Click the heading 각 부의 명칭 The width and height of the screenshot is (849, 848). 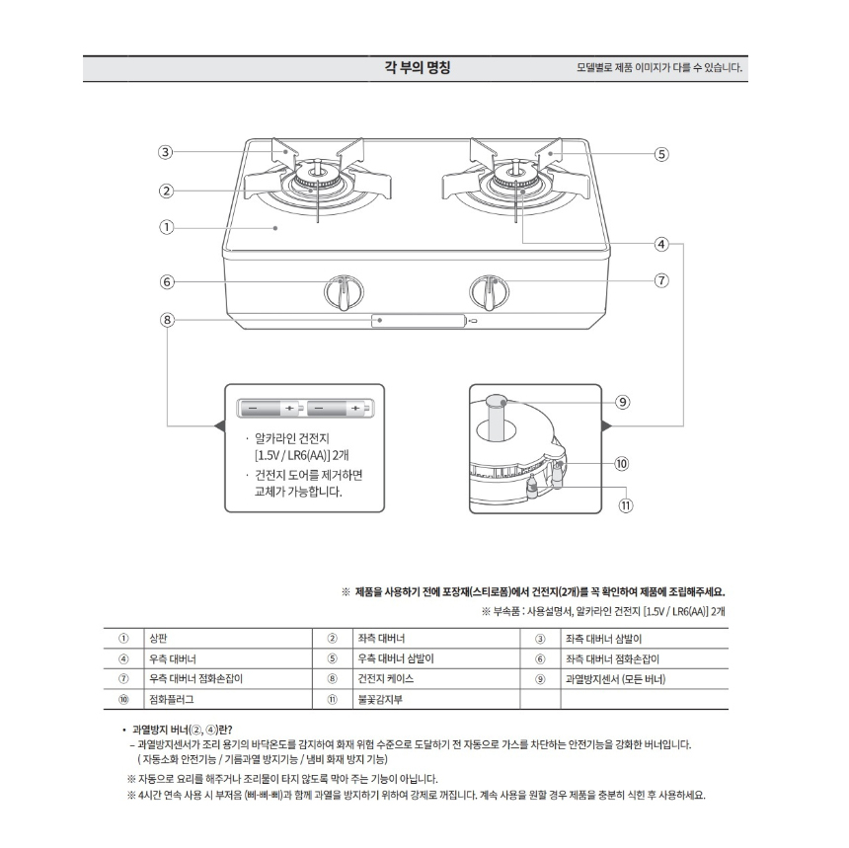coord(417,68)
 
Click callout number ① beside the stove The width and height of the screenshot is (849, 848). coord(166,227)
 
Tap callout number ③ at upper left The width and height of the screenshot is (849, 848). coord(166,152)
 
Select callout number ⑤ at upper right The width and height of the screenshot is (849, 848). coord(661,154)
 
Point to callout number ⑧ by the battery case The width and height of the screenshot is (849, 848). coord(166,319)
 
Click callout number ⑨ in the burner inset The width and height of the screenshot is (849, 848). coord(622,402)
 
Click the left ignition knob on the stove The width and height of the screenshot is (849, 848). coord(339,292)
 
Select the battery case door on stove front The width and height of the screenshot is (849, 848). coord(419,321)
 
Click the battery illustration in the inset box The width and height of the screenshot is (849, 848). coord(304,407)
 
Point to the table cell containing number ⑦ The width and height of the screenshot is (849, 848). coord(123,679)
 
